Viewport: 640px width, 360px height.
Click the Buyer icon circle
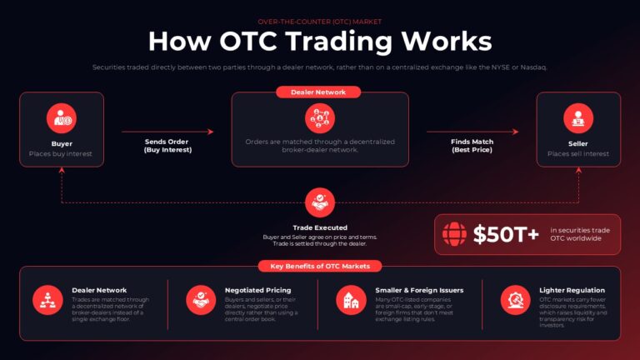coord(61,118)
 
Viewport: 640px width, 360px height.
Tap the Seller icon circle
coord(578,118)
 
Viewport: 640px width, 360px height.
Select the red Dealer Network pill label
coord(318,92)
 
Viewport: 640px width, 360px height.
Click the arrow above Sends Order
coord(167,132)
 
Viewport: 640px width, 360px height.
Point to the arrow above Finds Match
coord(472,132)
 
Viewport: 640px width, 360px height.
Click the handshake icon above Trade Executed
coord(320,202)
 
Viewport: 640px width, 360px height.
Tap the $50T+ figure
coord(506,234)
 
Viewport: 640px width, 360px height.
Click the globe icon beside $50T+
coord(454,234)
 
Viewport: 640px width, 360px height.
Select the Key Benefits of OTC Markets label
coord(320,266)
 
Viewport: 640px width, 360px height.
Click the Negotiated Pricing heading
coord(258,290)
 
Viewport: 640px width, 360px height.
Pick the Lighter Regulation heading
coord(572,290)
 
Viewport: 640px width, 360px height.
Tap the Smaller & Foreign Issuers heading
coord(420,290)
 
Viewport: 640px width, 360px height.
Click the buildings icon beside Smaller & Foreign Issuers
coord(351,300)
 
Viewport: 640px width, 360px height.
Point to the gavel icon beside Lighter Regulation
coord(516,300)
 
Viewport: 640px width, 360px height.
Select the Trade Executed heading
coord(320,227)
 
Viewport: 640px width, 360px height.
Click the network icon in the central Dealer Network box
coord(320,118)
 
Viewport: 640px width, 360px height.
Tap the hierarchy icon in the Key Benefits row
coord(47,300)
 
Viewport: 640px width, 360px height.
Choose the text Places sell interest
coord(578,154)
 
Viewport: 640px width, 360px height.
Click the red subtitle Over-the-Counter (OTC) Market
coord(320,22)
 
